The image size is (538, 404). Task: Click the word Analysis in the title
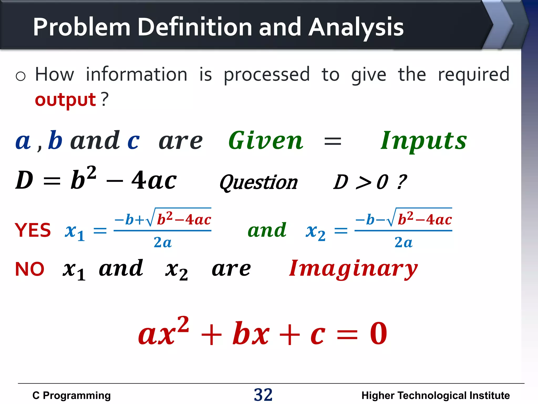(356, 27)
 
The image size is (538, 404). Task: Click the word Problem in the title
(82, 27)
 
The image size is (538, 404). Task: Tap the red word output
(65, 100)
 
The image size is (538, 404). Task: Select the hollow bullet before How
(20, 76)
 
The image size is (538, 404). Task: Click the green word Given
(266, 141)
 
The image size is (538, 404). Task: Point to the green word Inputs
(424, 141)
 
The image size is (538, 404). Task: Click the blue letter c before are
(133, 141)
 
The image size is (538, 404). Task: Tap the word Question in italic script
(259, 182)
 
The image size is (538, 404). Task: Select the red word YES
(33, 230)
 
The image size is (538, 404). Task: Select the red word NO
(30, 269)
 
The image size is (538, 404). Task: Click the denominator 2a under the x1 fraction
(163, 242)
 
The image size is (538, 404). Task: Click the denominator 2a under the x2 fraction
(403, 242)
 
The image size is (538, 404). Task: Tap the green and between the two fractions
(267, 230)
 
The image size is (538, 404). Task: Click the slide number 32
(263, 395)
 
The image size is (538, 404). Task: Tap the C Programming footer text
(71, 395)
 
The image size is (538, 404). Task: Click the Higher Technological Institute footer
(436, 395)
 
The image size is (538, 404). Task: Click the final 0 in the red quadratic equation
(378, 334)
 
